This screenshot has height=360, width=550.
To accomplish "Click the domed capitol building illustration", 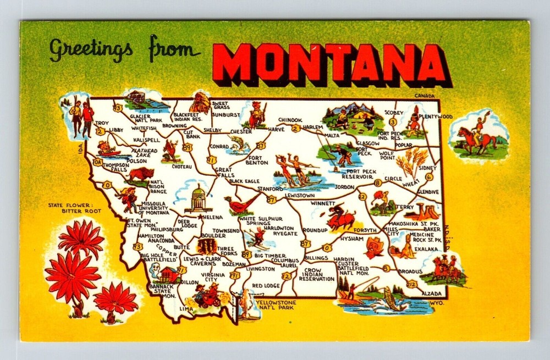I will tap(197, 198).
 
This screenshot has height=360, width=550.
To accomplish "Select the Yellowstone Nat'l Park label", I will tap(279, 305).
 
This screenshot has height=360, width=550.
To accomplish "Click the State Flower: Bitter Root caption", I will tap(70, 208).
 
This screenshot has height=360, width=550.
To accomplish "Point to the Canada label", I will tap(424, 96).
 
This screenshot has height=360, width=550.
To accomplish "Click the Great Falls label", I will tap(224, 173).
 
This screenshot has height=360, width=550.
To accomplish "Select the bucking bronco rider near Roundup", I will tap(341, 215).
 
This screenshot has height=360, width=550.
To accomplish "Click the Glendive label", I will tap(428, 192).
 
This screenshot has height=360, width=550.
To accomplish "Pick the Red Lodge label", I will tap(266, 286).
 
